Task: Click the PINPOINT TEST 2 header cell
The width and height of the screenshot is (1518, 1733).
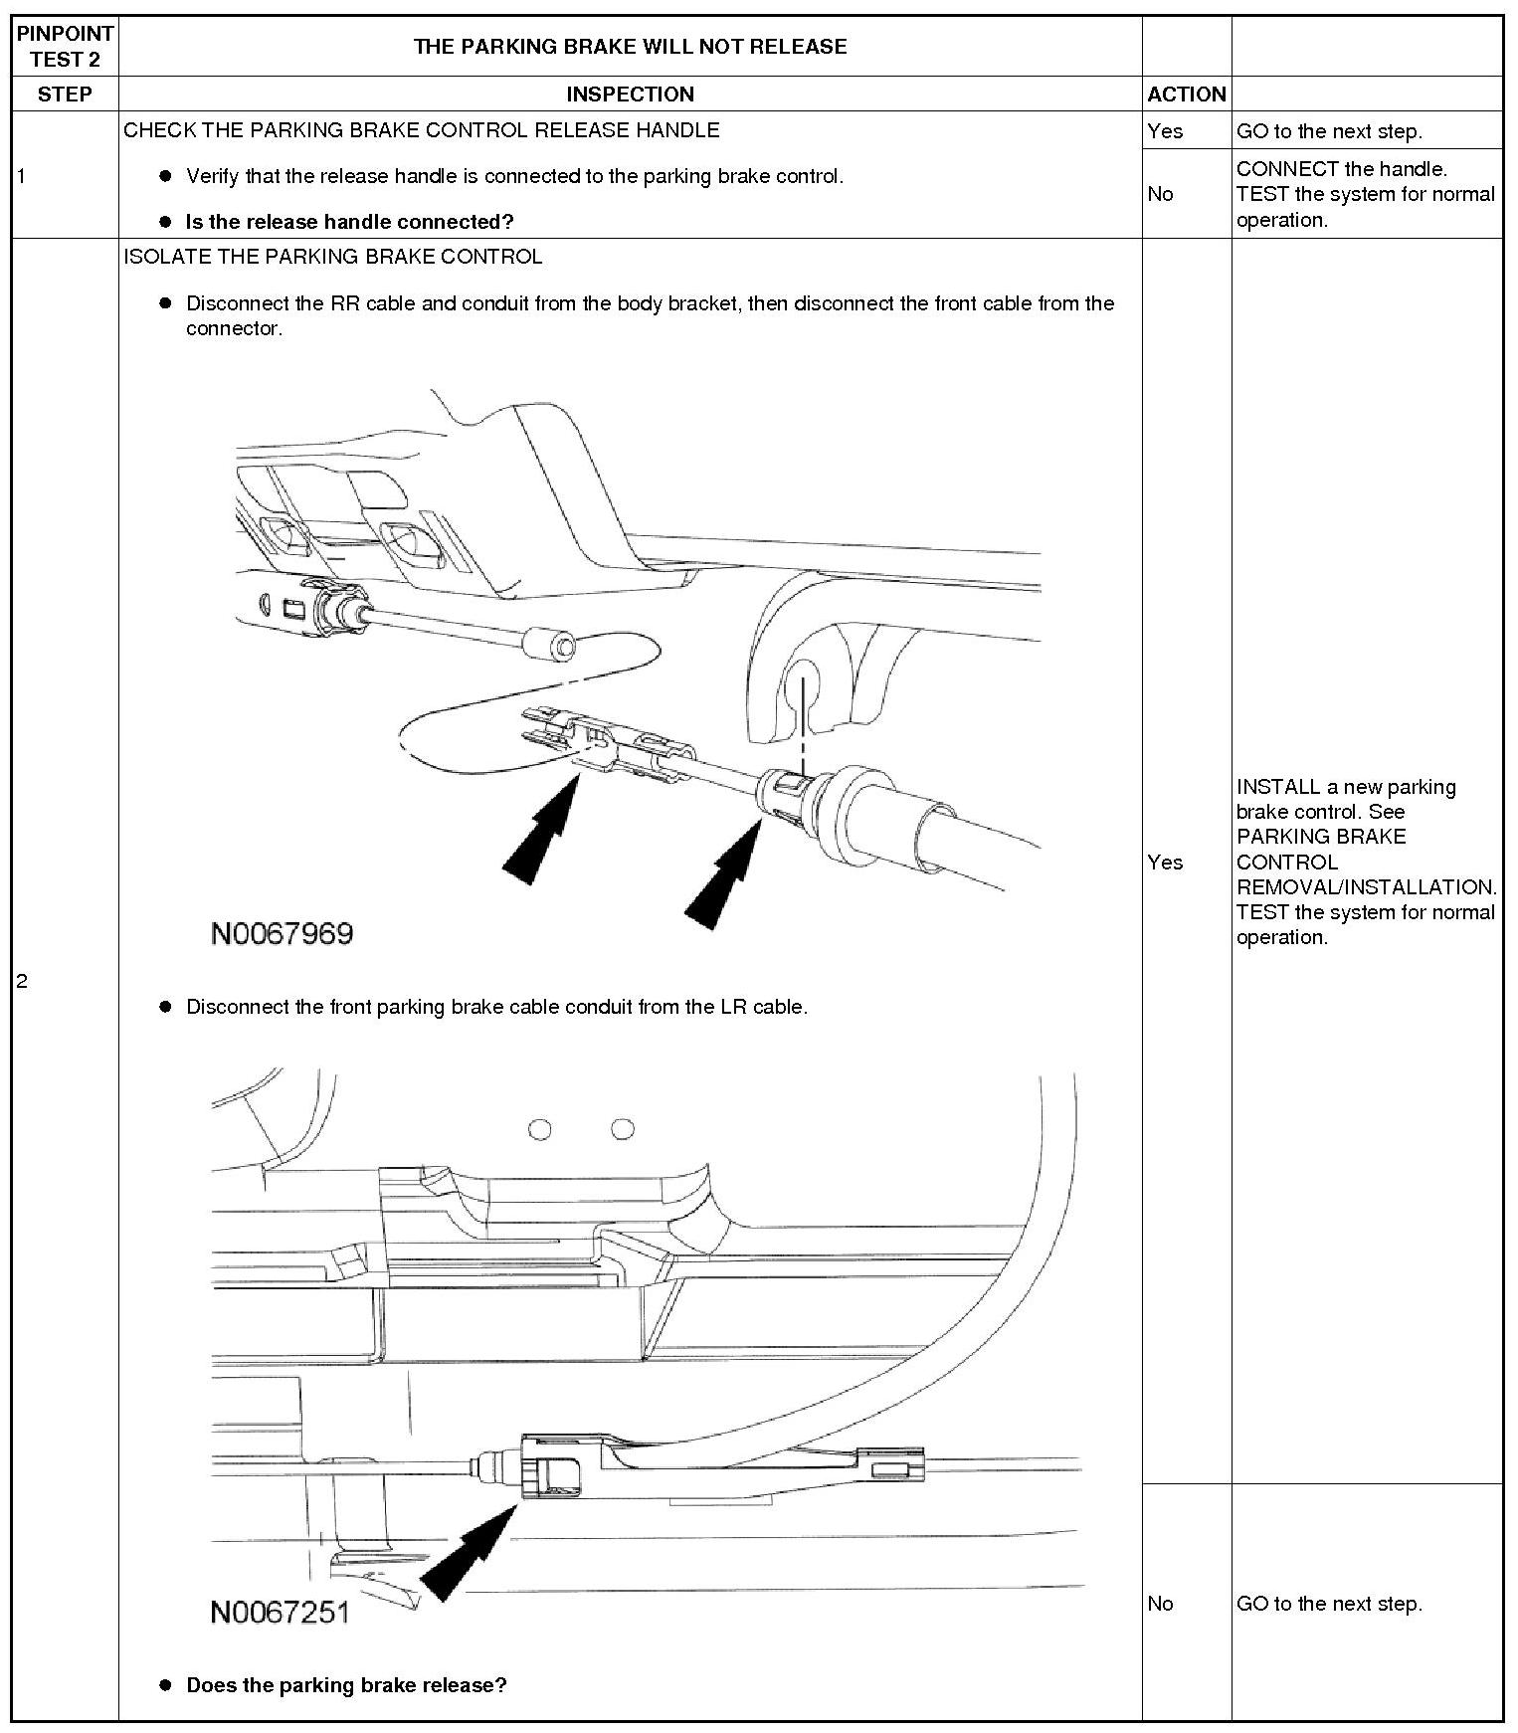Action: (65, 47)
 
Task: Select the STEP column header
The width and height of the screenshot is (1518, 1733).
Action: (65, 95)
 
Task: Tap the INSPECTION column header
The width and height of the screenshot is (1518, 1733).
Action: (630, 95)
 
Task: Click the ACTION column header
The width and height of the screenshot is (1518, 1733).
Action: (1186, 95)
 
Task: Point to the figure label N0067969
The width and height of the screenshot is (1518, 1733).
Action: (283, 934)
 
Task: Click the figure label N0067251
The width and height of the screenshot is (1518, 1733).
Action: (281, 1612)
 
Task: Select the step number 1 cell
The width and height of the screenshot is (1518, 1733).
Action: (22, 177)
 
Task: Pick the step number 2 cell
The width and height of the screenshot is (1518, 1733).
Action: (22, 982)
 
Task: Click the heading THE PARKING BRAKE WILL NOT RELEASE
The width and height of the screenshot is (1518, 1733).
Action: (630, 47)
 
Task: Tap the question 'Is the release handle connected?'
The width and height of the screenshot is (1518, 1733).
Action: (349, 222)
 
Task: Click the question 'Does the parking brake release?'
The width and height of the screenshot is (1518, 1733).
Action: (346, 1685)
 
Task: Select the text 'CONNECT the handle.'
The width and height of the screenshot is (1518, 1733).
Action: (1341, 169)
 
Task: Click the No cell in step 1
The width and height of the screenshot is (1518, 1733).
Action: (1160, 194)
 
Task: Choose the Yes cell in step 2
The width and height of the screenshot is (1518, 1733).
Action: (1165, 863)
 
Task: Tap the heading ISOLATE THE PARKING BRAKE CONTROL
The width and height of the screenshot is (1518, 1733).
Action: (333, 257)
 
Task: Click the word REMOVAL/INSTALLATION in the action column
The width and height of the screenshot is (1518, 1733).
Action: (1366, 887)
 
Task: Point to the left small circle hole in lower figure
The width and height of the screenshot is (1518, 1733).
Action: (539, 1129)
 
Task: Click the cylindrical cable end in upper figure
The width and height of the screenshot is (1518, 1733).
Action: (551, 645)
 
